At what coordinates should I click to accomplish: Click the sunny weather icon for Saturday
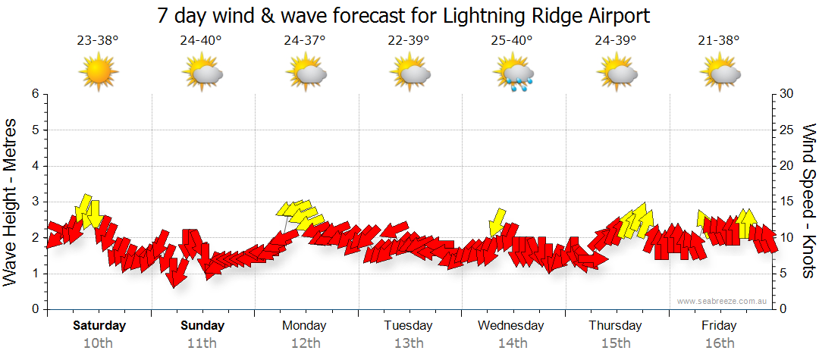click(x=98, y=73)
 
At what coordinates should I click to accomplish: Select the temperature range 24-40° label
click(x=201, y=41)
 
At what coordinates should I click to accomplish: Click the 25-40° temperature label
click(x=512, y=41)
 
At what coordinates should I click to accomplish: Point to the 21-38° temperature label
click(x=719, y=41)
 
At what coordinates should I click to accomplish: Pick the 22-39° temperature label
click(x=408, y=41)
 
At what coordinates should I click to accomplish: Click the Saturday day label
click(x=99, y=326)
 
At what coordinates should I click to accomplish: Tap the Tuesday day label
click(x=408, y=326)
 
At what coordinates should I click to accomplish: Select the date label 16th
click(x=719, y=343)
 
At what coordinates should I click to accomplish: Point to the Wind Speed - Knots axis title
click(x=808, y=201)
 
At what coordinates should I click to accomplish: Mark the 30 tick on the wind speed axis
click(x=787, y=94)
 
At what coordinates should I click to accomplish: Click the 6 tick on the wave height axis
click(x=35, y=94)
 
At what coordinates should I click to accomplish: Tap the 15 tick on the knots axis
click(x=787, y=202)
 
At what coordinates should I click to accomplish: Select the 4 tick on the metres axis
click(x=35, y=166)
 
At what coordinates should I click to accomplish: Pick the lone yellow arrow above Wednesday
click(x=497, y=221)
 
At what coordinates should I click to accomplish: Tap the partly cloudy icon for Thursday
click(x=616, y=74)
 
